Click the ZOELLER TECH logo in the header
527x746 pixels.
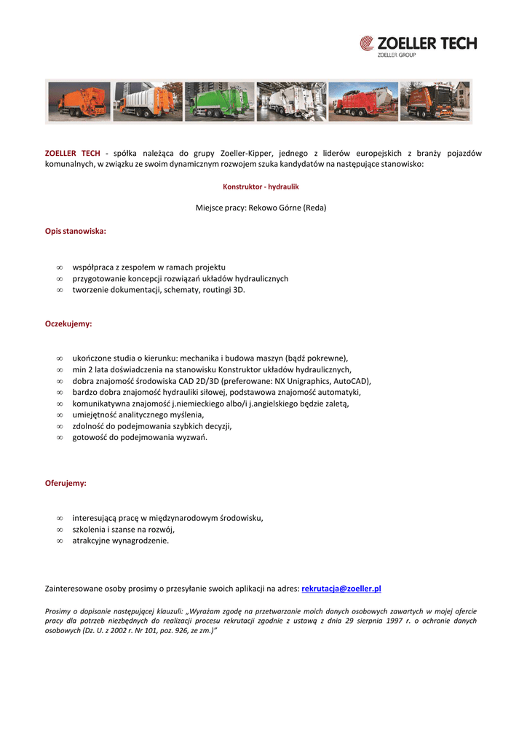coord(419,45)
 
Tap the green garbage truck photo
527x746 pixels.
coord(219,101)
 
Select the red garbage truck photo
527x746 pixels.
coord(362,101)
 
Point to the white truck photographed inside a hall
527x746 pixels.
coord(291,101)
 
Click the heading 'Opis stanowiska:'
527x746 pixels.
coord(76,231)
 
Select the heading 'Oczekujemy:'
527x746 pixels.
coord(68,323)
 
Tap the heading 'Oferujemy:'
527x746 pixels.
coord(66,483)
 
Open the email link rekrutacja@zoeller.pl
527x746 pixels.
coord(341,588)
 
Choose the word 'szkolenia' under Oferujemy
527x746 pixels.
coord(89,530)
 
